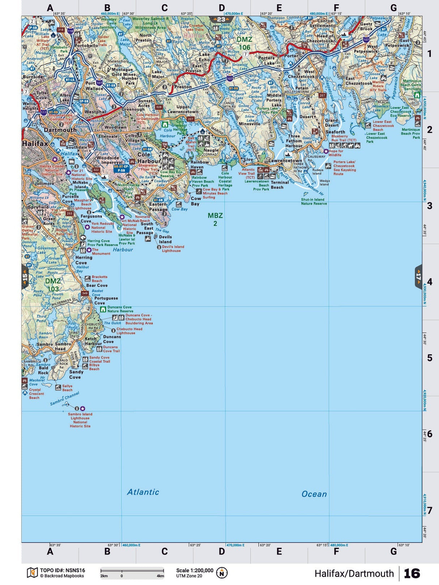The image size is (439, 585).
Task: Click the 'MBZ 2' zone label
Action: (x=215, y=219)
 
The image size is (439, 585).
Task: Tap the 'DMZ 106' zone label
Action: (x=244, y=43)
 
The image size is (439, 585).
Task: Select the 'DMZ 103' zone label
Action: (x=53, y=285)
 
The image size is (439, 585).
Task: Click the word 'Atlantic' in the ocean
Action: (x=143, y=492)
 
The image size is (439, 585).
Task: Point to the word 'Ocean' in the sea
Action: (x=314, y=494)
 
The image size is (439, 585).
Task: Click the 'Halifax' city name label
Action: (x=35, y=144)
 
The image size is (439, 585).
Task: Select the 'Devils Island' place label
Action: (x=165, y=239)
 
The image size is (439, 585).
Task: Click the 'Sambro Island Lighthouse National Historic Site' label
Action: (x=80, y=420)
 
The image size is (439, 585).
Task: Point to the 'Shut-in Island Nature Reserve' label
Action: (x=314, y=201)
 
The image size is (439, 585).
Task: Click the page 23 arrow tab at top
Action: (x=221, y=20)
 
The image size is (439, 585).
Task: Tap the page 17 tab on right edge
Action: (x=418, y=277)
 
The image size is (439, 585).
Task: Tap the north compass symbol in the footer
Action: (x=222, y=573)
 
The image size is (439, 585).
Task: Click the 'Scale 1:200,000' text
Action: (x=195, y=571)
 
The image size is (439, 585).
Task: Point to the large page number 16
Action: (x=412, y=573)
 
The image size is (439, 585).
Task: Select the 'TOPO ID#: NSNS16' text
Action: (x=62, y=571)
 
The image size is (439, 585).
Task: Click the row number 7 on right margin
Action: (x=430, y=511)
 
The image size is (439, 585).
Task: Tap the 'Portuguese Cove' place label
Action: (x=106, y=300)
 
